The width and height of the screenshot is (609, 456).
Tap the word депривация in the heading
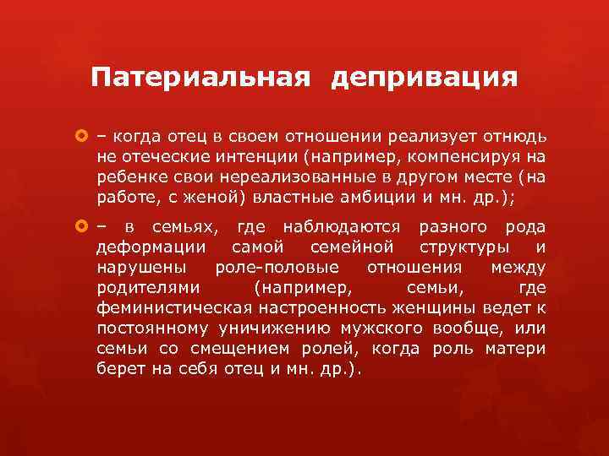pyautogui.click(x=425, y=79)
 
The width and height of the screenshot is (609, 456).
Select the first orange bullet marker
pyautogui.click(x=82, y=137)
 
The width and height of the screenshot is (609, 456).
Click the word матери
pyautogui.click(x=518, y=350)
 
